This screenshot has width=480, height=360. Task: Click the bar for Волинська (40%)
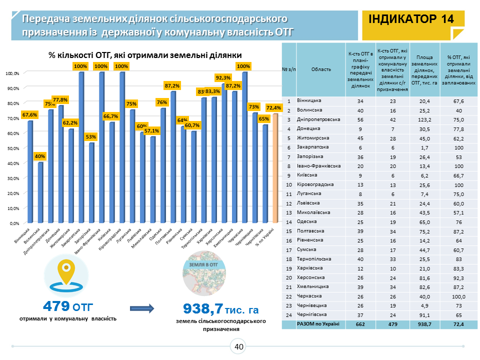tap(40, 192)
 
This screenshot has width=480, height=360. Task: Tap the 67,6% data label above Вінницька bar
tap(29, 114)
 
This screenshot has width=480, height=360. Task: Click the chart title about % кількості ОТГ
tap(145, 55)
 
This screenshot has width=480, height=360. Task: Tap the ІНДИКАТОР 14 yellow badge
tap(411, 19)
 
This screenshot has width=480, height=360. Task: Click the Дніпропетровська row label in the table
tap(318, 119)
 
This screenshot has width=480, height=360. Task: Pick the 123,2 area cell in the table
tap(424, 119)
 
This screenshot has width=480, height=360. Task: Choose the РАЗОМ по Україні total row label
tap(318, 324)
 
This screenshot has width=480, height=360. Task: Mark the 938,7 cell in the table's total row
tap(424, 324)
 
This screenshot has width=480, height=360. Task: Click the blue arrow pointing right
tap(142, 307)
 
